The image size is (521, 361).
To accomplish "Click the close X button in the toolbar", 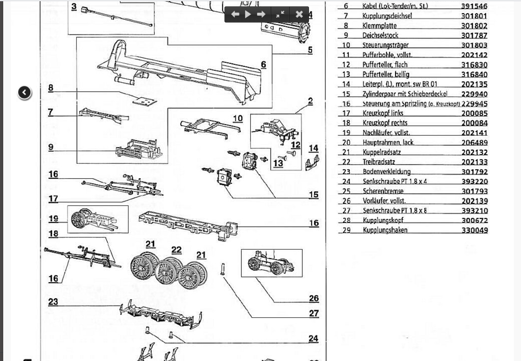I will [x=299, y=14].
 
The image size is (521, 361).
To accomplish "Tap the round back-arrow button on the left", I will [x=25, y=93].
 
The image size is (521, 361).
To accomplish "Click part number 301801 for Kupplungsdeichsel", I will [x=474, y=16].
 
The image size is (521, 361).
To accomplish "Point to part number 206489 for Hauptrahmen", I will [x=474, y=143].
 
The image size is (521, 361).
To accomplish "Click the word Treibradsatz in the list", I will [x=379, y=162].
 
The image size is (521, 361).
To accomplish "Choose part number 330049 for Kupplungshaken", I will [x=474, y=230].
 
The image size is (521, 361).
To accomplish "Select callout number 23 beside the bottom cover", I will [x=53, y=302].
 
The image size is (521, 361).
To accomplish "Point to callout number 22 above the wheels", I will [x=176, y=250].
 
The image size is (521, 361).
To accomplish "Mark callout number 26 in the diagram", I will [x=314, y=298].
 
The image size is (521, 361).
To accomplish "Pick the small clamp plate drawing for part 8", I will [x=145, y=101].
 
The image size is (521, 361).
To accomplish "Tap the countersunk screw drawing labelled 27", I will [x=222, y=268].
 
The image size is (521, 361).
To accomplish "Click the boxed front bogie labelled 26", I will [x=272, y=263].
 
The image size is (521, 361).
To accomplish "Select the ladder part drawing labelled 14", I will [x=313, y=163].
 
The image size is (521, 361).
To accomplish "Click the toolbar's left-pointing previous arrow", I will [x=235, y=14].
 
